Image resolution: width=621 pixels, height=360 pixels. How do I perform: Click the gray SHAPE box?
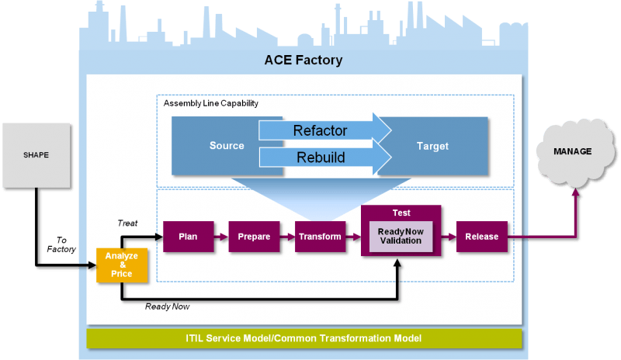coord(36,155)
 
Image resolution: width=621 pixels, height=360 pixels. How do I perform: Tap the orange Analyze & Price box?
coord(122,265)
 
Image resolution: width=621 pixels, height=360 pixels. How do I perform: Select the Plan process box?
coord(188,237)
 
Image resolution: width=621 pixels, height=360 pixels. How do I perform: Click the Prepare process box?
coord(254,237)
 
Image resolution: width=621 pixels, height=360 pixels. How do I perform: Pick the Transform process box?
coord(320,237)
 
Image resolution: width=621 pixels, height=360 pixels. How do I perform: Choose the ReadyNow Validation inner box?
coord(401,237)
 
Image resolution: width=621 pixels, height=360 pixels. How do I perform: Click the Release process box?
coord(481,237)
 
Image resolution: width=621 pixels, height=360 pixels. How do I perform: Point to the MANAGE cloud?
coord(576,153)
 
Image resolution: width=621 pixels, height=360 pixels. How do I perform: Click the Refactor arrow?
coord(324,130)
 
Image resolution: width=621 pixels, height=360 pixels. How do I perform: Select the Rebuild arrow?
coord(324,157)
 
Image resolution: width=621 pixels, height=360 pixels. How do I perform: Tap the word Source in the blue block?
coord(227,146)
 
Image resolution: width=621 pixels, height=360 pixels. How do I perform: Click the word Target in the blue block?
coord(432,146)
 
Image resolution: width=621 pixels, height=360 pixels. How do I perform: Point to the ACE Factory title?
coord(304,61)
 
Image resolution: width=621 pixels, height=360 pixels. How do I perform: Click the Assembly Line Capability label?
coord(210,103)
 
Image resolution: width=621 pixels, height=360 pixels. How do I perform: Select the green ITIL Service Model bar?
coord(304,338)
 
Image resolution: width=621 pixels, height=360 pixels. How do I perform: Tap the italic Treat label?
coord(127,223)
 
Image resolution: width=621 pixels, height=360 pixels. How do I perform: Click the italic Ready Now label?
coord(167,306)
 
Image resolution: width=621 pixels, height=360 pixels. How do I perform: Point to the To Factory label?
coord(61,244)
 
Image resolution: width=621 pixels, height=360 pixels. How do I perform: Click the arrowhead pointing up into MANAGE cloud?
coord(576,192)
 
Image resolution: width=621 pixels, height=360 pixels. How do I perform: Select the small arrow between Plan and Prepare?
coord(221,237)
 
